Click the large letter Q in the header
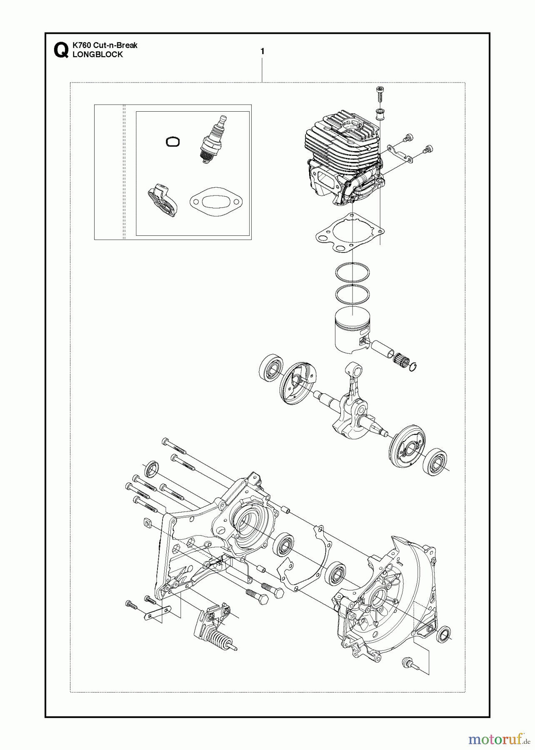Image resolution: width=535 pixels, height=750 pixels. (60, 50)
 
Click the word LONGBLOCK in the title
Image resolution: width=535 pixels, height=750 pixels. (97, 55)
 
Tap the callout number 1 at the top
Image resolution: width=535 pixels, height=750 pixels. (262, 52)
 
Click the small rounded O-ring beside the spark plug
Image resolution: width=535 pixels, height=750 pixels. (172, 142)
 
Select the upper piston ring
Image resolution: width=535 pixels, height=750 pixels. (352, 273)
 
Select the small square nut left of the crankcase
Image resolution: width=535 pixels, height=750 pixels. (147, 523)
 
